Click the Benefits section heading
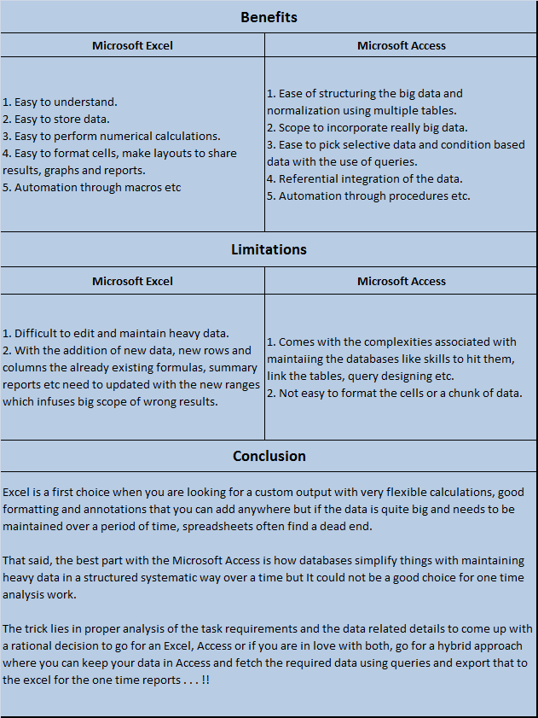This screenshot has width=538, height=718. [x=269, y=17]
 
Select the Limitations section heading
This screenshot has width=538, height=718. [x=269, y=249]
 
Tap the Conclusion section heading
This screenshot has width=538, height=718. [x=269, y=456]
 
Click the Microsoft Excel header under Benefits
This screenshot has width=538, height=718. [x=132, y=45]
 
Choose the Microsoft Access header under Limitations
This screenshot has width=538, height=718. [x=402, y=281]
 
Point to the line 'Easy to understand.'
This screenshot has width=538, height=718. [x=61, y=102]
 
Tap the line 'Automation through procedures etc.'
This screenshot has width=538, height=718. [x=368, y=196]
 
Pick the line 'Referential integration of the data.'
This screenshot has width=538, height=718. [x=365, y=178]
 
